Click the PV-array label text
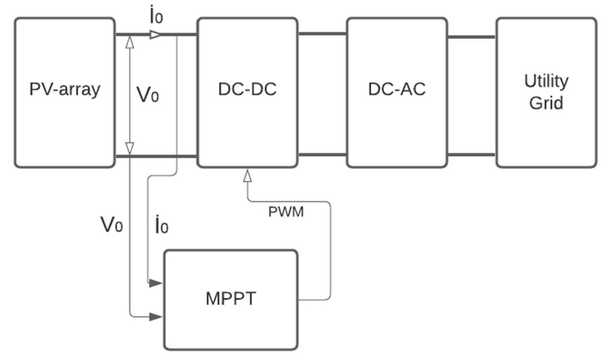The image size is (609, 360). pos(65,90)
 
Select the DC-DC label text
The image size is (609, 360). pos(247,90)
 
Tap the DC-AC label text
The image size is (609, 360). pos(397,90)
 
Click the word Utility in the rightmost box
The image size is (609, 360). pos(546,81)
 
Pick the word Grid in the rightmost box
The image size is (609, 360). pos(546,103)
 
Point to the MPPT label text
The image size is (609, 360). pos(231,299)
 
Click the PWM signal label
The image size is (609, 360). pos(286,212)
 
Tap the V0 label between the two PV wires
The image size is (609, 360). pos(148,95)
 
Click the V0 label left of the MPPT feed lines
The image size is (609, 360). pos(112,225)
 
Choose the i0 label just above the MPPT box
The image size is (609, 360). pos(161,226)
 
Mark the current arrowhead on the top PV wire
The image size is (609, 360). pos(155,34)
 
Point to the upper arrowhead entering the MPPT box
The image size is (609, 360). pos(156,283)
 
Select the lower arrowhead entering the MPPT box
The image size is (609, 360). pos(156,316)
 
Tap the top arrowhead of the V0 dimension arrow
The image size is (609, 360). pos(130,42)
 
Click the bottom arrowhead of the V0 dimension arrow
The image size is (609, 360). pos(130,148)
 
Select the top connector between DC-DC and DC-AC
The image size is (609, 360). pos(322,34)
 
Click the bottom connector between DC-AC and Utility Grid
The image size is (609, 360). pos(471,154)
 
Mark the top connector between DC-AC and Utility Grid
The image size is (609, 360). pos(471,38)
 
